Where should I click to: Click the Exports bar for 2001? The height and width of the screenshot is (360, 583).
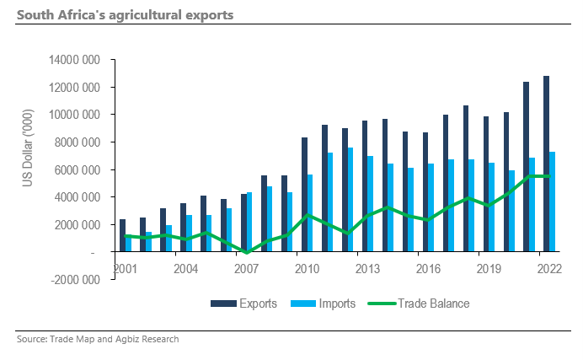coord(122,235)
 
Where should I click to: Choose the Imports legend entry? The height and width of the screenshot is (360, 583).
coord(328,304)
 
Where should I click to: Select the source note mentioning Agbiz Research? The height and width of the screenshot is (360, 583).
coord(98,339)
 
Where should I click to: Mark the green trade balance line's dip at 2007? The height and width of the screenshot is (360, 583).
coord(247,252)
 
